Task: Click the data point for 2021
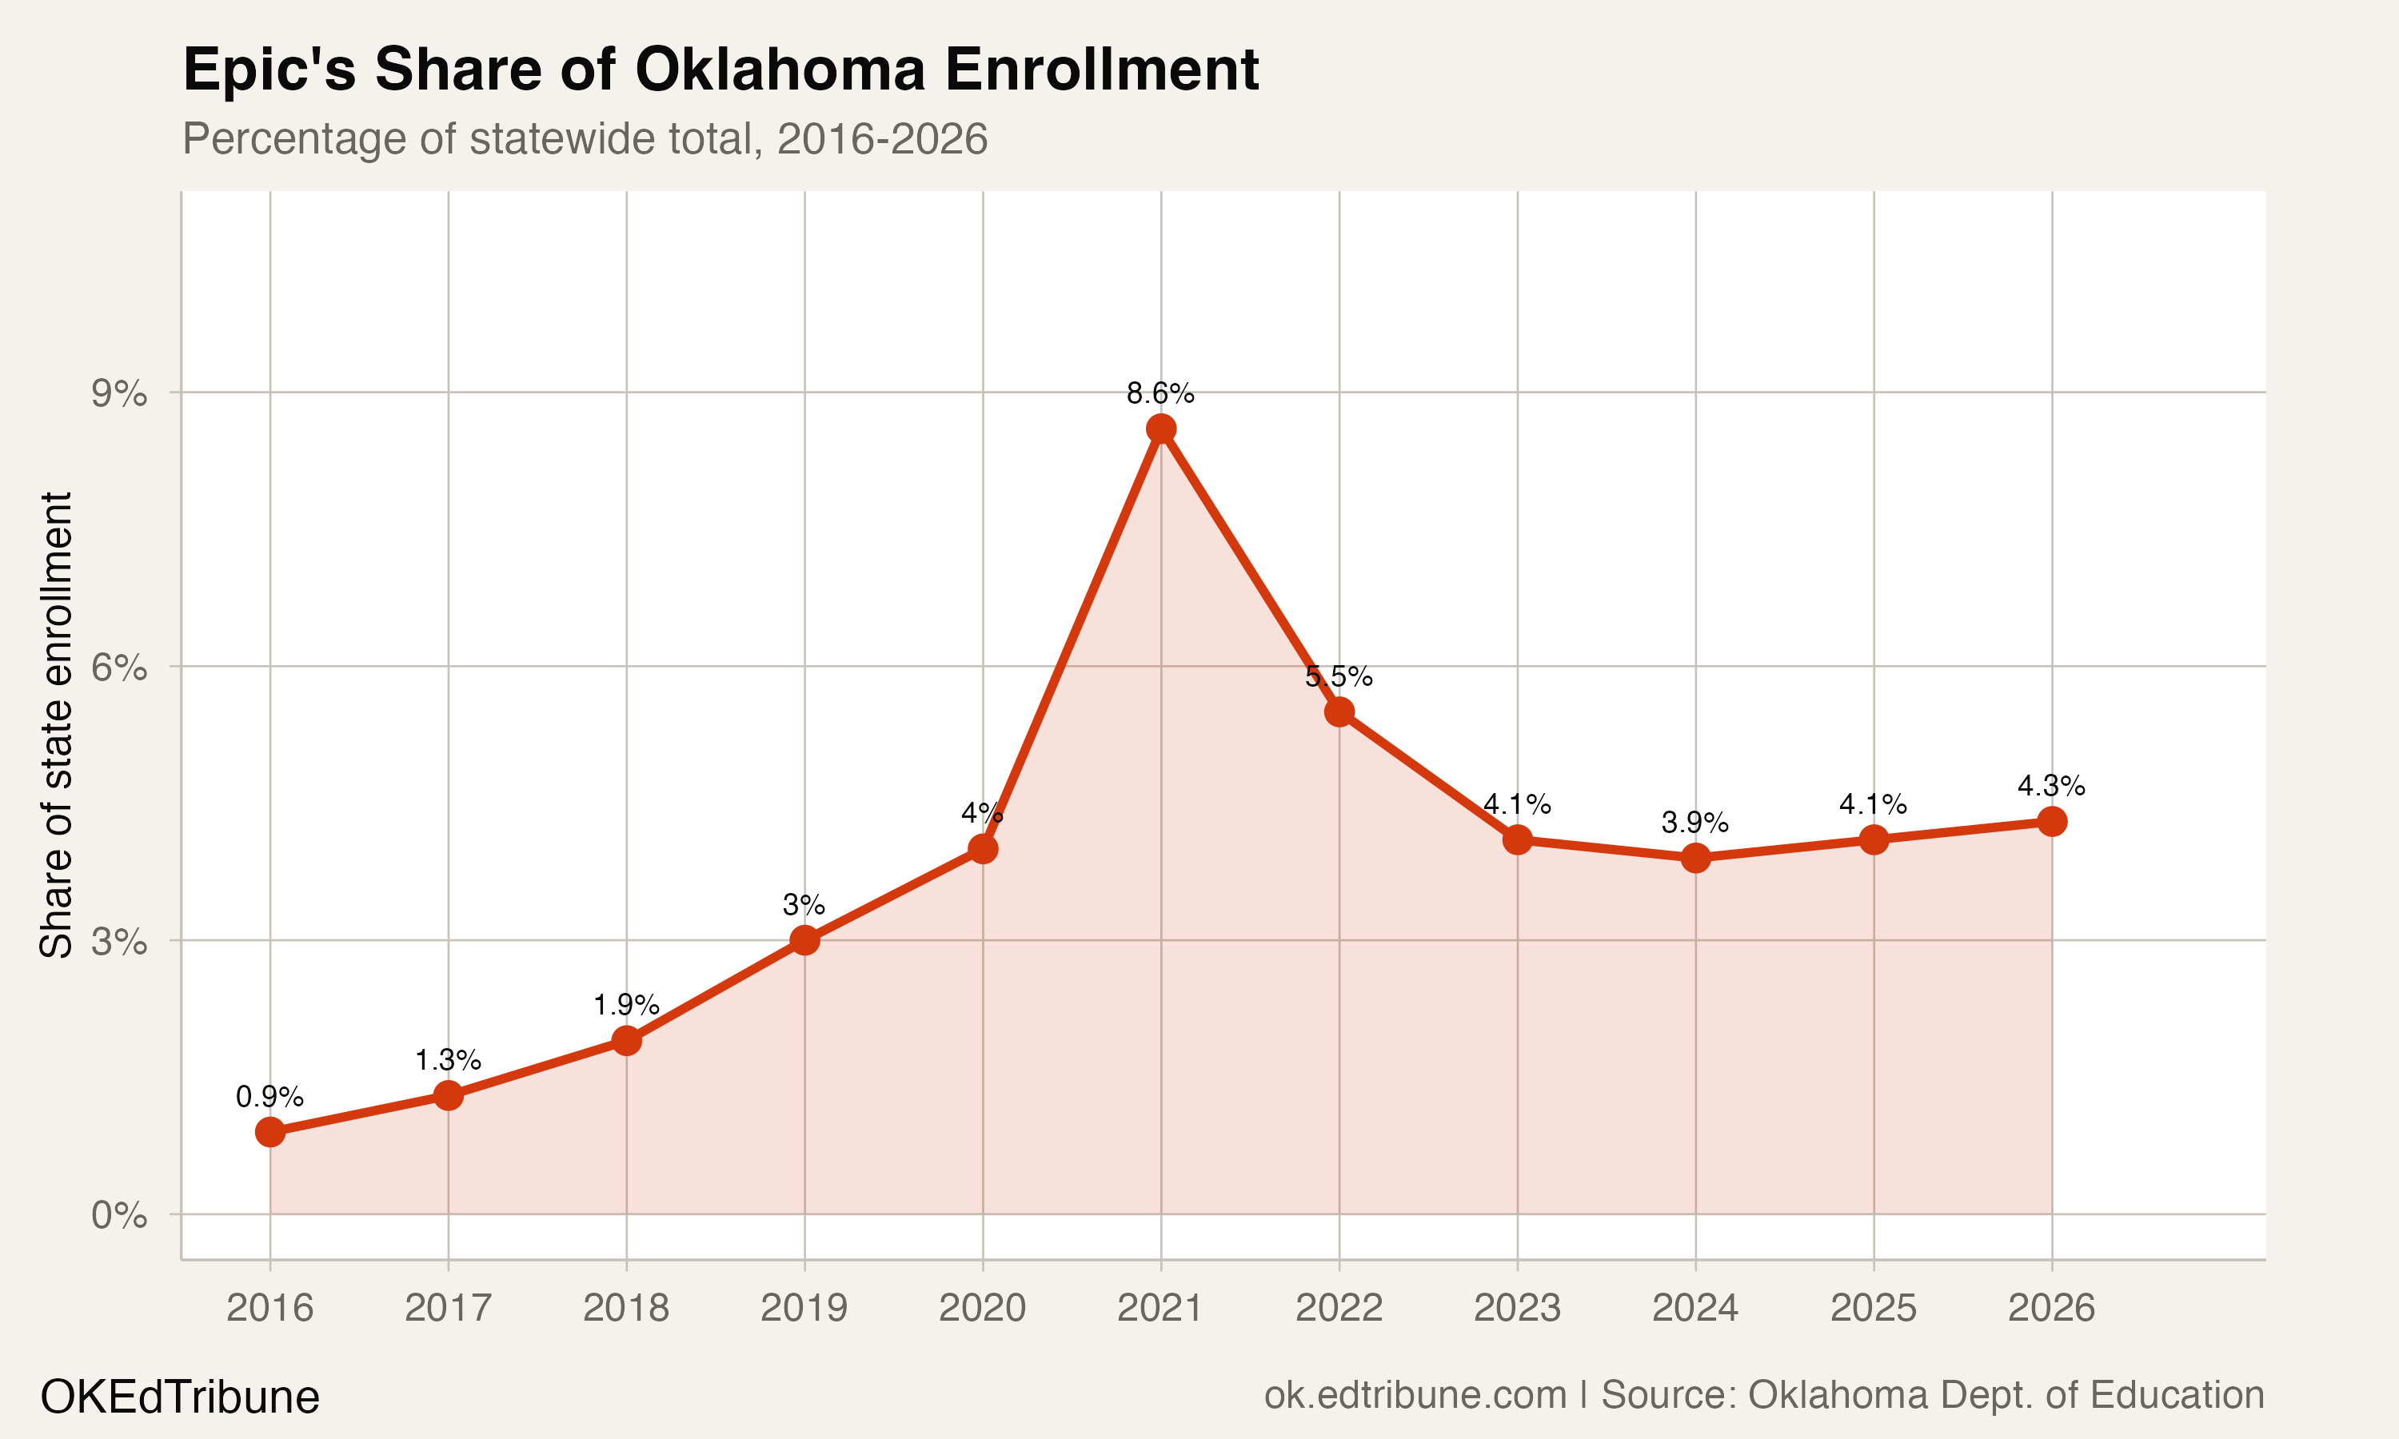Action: pos(1160,429)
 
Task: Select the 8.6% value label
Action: pos(1160,393)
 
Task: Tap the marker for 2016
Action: pos(269,1131)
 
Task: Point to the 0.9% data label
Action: pos(269,1097)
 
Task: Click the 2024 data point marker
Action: pos(1695,857)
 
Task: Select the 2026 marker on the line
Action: pos(2052,821)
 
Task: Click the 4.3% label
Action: pos(2051,785)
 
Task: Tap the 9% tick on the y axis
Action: pos(119,393)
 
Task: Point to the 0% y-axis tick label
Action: pos(119,1215)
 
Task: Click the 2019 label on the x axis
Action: pos(804,1308)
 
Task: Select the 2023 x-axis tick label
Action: pos(1517,1308)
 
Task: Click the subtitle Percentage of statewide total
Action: pos(585,138)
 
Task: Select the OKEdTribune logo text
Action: pos(179,1397)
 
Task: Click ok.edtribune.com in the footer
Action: pos(1415,1395)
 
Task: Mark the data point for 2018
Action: pos(626,1040)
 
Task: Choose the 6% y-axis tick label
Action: pos(119,668)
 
